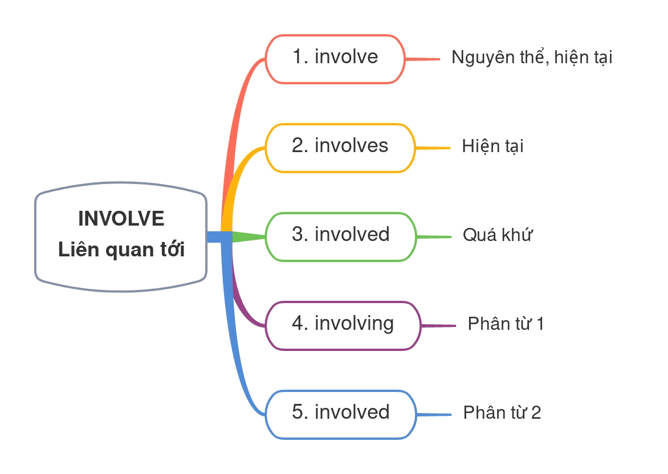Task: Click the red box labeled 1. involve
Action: pos(335,59)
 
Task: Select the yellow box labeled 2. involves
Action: pos(340,148)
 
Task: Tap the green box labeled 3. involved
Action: pos(341,236)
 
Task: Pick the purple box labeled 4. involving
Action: pos(343,325)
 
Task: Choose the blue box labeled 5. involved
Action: pos(341,414)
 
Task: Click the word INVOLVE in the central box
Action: pos(121,219)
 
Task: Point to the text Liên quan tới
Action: pos(121,250)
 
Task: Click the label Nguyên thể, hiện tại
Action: pos(531,58)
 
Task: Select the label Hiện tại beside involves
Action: pos(492,147)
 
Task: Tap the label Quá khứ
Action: pos(497,235)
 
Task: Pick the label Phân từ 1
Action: pos(506,324)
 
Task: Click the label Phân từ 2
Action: pos(502,412)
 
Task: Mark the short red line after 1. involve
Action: pos(423,59)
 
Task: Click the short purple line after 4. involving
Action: pos(439,326)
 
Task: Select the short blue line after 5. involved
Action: pos(434,415)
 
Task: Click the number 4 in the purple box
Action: pos(298,324)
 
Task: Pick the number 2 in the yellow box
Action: pos(298,146)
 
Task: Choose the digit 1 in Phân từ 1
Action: pos(540,324)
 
